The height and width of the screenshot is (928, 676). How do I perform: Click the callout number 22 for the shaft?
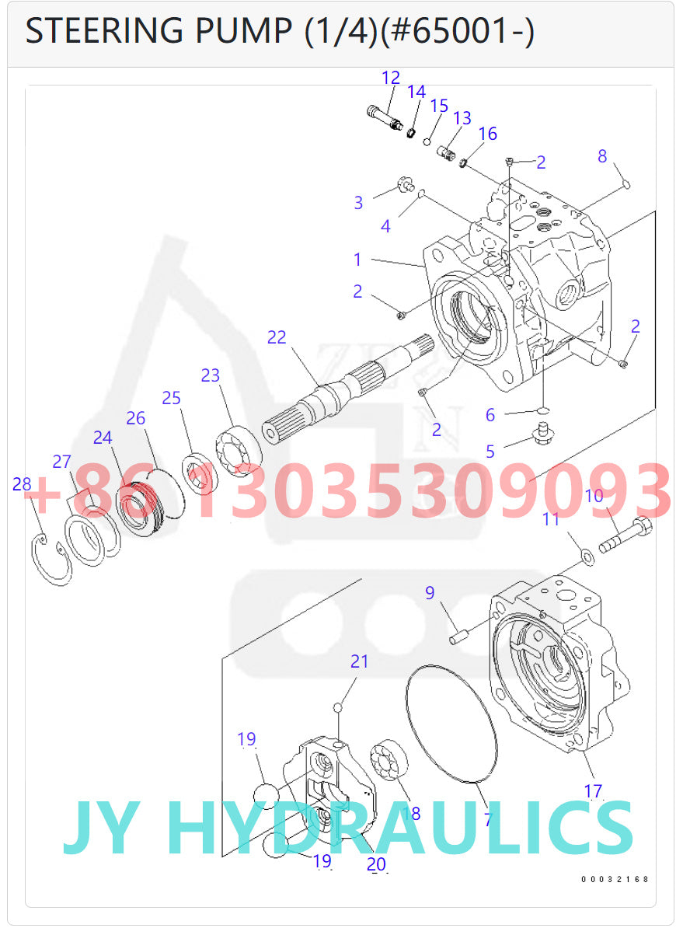[x=277, y=337]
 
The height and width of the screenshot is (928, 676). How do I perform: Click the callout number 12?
[x=391, y=78]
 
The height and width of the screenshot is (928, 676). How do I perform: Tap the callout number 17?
[x=593, y=791]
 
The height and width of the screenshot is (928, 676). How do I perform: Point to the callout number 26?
[x=136, y=418]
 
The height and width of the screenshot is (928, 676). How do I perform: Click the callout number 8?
[x=602, y=156]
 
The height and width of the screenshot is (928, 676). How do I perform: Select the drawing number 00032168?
[x=615, y=879]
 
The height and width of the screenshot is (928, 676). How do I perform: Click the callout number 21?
[x=359, y=661]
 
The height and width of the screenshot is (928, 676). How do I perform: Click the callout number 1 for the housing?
[x=357, y=260]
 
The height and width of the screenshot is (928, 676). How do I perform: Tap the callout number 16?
[x=487, y=134]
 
